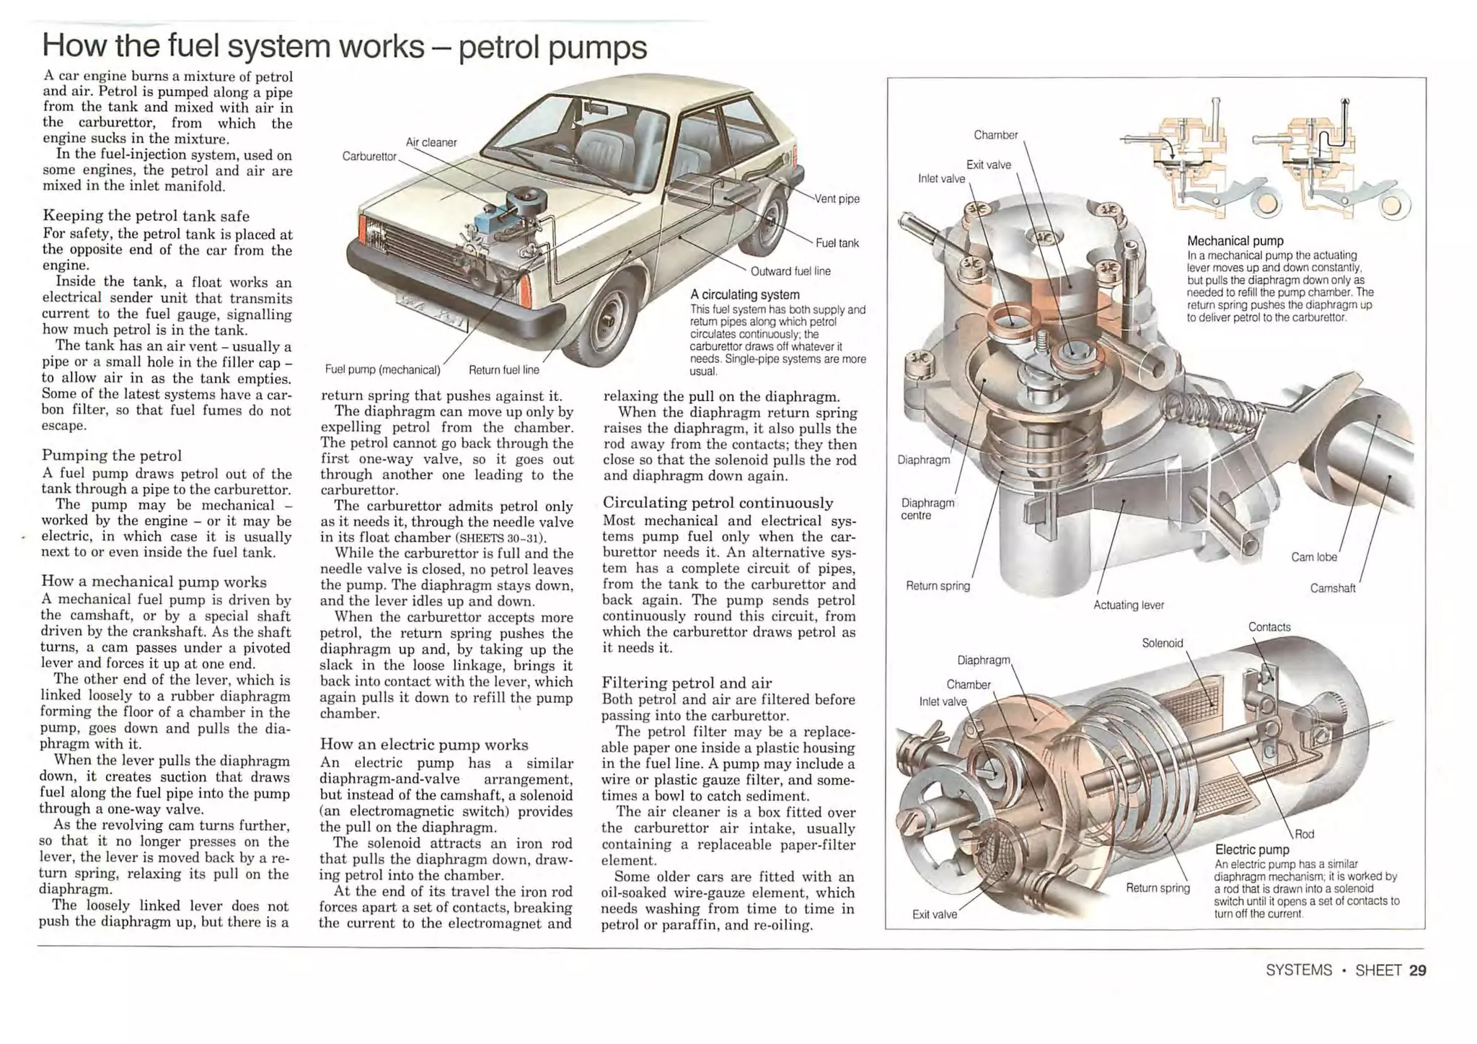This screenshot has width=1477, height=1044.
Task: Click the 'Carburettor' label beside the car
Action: tap(369, 157)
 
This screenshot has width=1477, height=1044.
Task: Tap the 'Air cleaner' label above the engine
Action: tap(431, 143)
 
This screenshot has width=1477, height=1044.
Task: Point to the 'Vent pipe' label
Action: tap(837, 199)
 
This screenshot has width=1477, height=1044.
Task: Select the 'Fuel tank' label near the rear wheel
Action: tap(837, 244)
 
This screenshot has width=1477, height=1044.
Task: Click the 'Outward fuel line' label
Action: tap(790, 272)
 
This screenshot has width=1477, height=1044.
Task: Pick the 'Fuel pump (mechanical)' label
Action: tap(382, 370)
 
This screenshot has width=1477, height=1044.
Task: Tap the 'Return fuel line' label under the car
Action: tap(503, 370)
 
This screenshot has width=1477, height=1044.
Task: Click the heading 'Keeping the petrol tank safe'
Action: tap(146, 216)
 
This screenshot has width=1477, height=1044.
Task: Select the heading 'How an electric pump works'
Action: tap(424, 745)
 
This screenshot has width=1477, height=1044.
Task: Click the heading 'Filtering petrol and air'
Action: tap(687, 683)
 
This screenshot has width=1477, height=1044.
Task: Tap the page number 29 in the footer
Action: tap(1417, 970)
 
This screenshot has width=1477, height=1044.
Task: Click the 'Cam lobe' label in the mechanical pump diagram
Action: tap(1313, 557)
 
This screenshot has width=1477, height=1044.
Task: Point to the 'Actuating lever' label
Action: tap(1128, 605)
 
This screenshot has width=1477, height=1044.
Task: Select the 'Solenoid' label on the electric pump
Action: tap(1162, 643)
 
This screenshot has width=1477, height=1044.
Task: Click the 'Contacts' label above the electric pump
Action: tap(1269, 627)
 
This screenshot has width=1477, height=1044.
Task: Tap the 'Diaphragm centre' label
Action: tap(927, 509)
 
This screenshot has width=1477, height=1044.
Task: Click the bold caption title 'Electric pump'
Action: tap(1252, 850)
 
